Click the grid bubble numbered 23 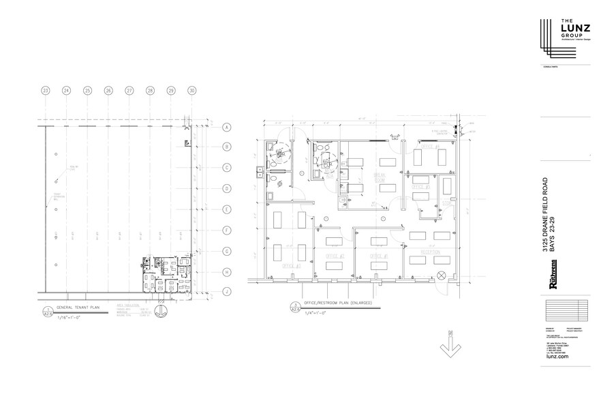46,91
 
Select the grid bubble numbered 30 192,91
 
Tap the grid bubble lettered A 226,126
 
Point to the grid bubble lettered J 226,292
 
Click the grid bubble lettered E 226,209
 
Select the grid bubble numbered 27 129,91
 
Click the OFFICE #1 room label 378,255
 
